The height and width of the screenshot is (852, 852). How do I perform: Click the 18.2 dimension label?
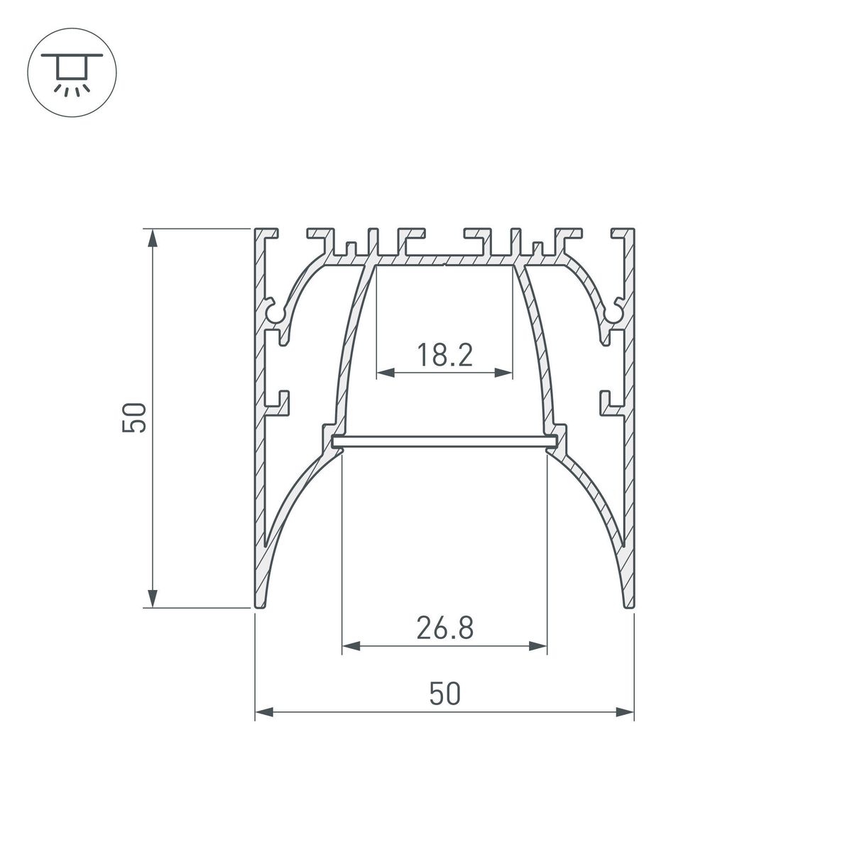(444, 354)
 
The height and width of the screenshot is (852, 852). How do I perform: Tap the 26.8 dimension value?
(444, 628)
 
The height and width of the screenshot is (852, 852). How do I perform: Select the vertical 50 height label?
(134, 417)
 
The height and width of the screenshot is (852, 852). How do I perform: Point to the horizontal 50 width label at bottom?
(444, 694)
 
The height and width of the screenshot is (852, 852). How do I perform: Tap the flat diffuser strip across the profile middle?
(444, 442)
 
